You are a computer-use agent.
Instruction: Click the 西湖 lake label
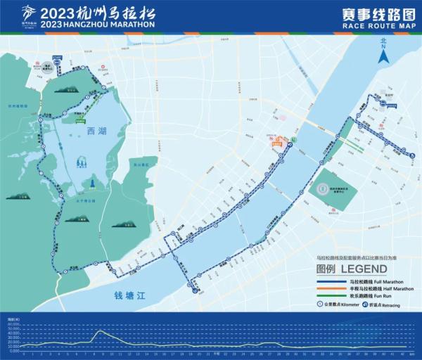(98, 131)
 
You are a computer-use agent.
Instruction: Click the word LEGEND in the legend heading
(364, 269)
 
